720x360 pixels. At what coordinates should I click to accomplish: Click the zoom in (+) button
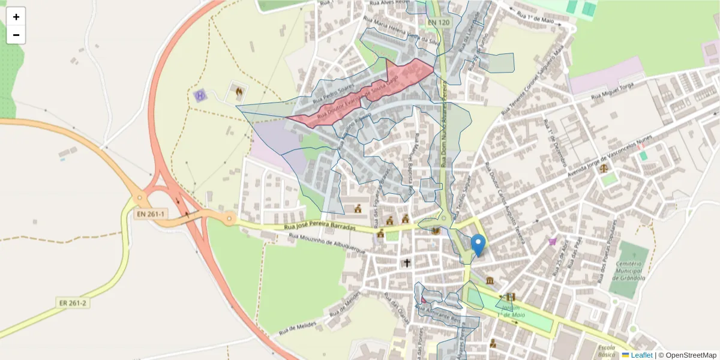point(16,17)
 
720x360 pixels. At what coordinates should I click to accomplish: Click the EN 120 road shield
point(439,23)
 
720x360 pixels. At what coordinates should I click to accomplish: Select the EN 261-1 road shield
point(151,214)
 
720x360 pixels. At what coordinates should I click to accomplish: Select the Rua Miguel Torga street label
point(613,92)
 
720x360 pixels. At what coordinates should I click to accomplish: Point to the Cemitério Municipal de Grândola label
point(629,271)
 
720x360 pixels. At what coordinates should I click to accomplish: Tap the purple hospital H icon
point(200,95)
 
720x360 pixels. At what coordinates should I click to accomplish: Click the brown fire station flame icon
point(238,92)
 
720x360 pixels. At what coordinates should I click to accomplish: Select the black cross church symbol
point(407,263)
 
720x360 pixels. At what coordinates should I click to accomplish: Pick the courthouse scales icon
point(604,169)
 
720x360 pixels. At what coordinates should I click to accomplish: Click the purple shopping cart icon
point(552,241)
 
